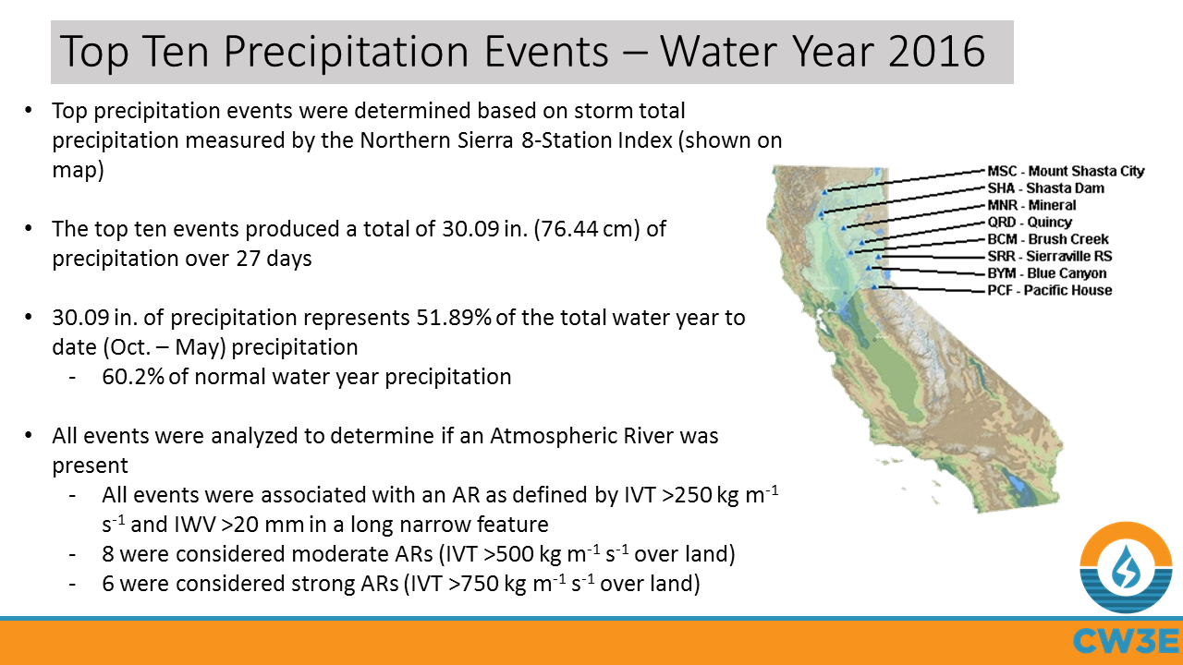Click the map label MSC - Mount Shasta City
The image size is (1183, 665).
[1066, 171]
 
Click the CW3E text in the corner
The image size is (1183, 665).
[1125, 640]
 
